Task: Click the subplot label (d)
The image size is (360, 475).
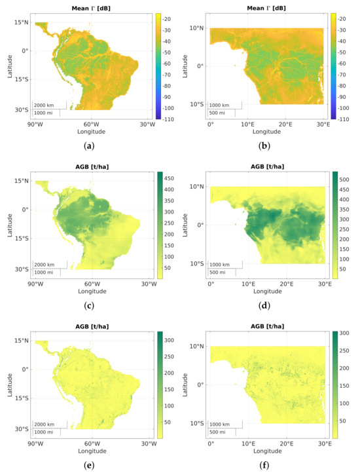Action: [268, 307]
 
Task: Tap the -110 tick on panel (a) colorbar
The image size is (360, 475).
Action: [173, 119]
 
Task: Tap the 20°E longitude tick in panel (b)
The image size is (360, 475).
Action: [285, 123]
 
